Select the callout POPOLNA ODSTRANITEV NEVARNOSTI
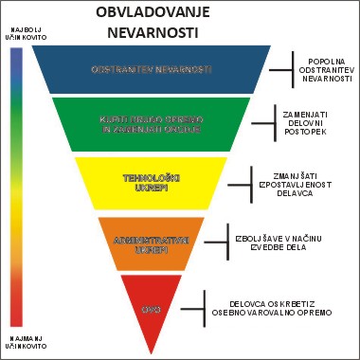(x=326, y=70)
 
